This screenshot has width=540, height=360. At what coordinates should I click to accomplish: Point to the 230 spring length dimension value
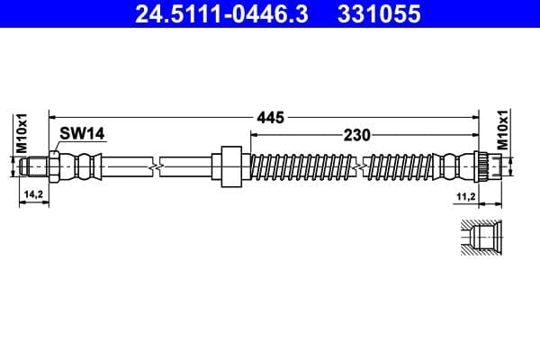click(358, 135)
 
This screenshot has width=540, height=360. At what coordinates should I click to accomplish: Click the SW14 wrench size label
click(82, 133)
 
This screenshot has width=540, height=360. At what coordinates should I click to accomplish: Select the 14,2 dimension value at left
click(32, 193)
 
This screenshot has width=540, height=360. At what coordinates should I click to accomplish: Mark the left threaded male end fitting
click(36, 166)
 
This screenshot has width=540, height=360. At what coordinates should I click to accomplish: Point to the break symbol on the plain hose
click(157, 166)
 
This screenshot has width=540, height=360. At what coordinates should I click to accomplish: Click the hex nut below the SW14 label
click(57, 166)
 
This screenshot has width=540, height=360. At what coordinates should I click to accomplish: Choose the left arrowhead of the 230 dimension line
click(253, 135)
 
